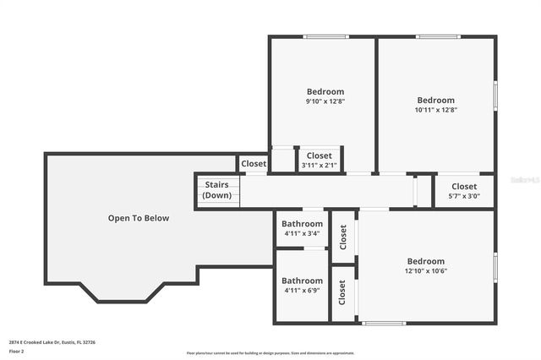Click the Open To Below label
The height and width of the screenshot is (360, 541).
tap(138, 218)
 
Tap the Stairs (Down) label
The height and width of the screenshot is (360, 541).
tap(216, 190)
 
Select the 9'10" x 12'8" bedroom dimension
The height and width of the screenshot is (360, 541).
tap(325, 101)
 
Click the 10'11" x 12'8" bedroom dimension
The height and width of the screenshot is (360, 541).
tap(435, 110)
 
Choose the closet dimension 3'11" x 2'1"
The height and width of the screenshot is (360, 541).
tap(319, 166)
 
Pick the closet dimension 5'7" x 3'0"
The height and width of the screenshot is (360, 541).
tap(463, 196)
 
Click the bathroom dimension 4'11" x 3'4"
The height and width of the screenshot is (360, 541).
tap(302, 233)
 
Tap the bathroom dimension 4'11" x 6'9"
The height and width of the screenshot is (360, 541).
tap(302, 291)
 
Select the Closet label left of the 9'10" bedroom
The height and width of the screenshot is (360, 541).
tap(253, 164)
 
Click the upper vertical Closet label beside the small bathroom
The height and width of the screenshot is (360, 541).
tap(342, 237)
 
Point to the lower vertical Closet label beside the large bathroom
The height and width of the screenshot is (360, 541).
tap(342, 293)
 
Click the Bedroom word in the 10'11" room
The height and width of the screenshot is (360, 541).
tap(435, 100)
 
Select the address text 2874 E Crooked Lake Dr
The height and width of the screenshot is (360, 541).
tap(52, 342)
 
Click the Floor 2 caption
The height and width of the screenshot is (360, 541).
tap(17, 351)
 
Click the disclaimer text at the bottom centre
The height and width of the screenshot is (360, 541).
tap(270, 352)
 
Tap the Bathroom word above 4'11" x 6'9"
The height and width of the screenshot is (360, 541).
tap(302, 281)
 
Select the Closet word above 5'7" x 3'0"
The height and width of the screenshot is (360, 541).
tap(463, 186)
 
